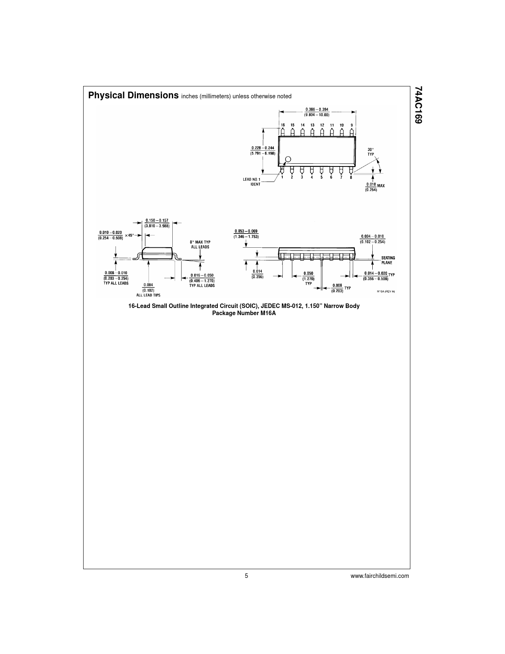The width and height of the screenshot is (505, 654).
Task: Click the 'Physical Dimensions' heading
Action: (133, 96)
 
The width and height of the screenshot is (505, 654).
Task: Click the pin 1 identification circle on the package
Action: (288, 159)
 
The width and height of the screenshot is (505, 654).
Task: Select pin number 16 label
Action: (283, 125)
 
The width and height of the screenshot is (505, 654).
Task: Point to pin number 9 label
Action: (351, 125)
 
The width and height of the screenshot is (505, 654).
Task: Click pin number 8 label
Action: (351, 177)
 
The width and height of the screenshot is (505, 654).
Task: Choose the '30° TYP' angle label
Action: (371, 152)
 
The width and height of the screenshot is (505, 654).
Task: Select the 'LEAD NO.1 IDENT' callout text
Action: (252, 182)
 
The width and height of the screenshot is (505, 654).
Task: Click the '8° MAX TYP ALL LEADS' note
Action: (199, 244)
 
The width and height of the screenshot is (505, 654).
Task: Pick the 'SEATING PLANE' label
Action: (388, 260)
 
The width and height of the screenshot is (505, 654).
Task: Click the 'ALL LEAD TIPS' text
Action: (148, 295)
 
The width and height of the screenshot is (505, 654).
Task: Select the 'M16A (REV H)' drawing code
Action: (386, 291)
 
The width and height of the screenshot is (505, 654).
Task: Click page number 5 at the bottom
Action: (246, 576)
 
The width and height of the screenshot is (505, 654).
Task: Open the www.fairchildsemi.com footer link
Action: (380, 576)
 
